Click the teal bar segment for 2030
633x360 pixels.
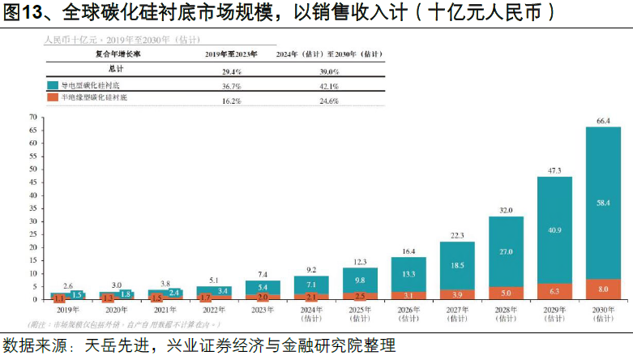pos(603,203)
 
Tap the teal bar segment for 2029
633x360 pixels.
pos(554,229)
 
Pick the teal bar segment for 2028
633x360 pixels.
pos(506,251)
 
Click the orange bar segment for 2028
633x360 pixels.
pos(506,293)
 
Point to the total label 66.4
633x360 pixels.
pos(603,121)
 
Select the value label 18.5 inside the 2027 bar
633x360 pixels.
pos(457,265)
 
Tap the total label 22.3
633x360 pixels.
pos(457,235)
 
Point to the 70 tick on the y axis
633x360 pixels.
pos(33,117)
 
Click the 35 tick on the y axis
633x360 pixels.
pos(33,208)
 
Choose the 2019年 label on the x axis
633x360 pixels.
pos(67,309)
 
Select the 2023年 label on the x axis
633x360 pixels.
pos(262,309)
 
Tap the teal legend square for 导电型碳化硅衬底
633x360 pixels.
pos(52,85)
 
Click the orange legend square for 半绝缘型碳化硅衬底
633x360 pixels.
pos(52,97)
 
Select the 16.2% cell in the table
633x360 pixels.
pos(231,101)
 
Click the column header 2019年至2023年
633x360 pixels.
pos(231,54)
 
